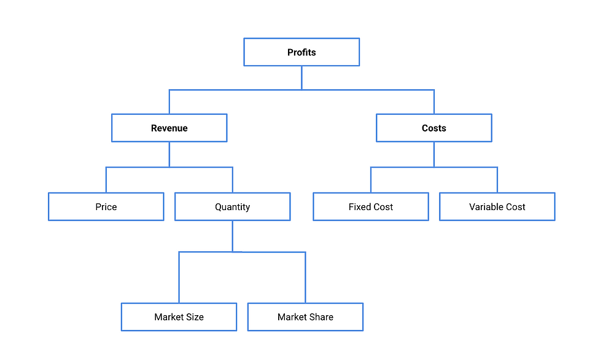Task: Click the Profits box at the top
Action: coord(301,52)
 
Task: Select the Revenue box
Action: coord(169,128)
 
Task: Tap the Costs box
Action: coord(433,128)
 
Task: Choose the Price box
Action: coord(106,207)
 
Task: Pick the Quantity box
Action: coord(232,207)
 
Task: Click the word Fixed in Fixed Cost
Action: coord(359,207)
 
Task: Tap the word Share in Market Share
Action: coord(322,317)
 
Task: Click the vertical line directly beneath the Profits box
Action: coord(301,77)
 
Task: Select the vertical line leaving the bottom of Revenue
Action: coord(169,154)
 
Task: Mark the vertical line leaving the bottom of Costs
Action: coord(434,154)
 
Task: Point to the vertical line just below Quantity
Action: coord(232,236)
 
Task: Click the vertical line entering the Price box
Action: coord(106,180)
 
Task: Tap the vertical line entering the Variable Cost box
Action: coord(497,180)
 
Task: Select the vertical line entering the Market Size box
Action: coord(179,278)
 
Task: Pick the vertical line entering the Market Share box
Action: coord(305,278)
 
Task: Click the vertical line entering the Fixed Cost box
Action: coord(371,180)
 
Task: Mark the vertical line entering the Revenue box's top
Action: coord(169,102)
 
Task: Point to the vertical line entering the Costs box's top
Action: coord(434,102)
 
